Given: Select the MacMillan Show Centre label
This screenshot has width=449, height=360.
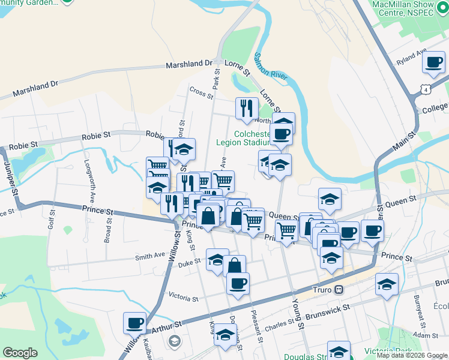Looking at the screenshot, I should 411,8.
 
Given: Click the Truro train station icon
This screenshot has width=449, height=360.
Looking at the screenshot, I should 339,289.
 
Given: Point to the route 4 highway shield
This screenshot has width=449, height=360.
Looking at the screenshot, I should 426,89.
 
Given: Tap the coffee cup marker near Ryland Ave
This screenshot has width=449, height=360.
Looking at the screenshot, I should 433,62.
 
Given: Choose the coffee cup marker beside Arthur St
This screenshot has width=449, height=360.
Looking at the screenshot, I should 134,323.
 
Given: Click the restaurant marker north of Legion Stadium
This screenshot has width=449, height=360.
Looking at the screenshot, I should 247,109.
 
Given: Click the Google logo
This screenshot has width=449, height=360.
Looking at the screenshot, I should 20,353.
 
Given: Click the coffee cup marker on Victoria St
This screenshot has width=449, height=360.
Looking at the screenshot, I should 238,283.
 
